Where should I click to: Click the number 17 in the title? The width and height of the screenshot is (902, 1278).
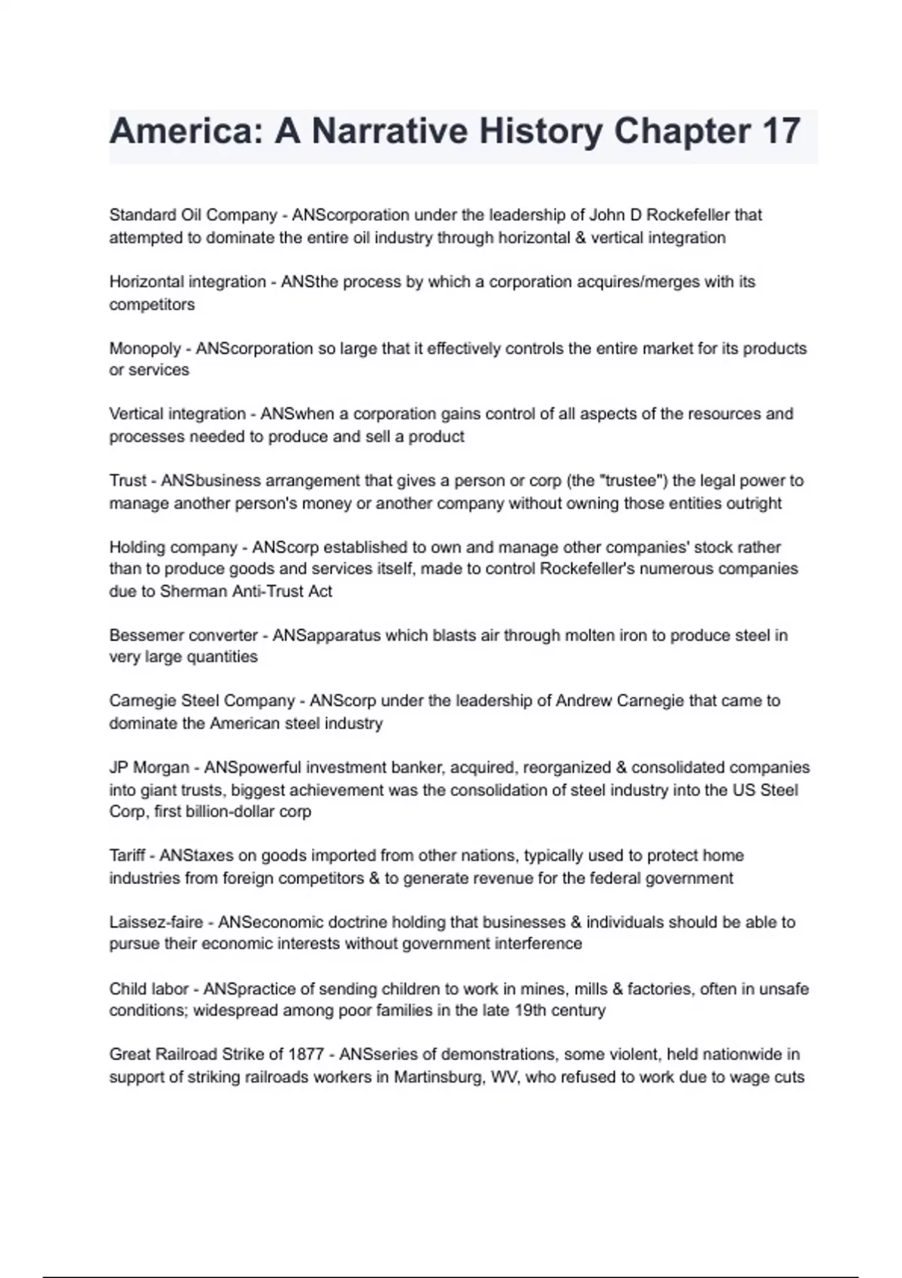click(x=781, y=132)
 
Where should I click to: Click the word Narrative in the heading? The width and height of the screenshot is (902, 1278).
click(x=389, y=132)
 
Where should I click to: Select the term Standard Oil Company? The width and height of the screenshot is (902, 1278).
click(x=193, y=215)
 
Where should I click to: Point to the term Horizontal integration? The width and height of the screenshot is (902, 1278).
click(x=188, y=282)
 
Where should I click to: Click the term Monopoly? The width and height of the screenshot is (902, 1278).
click(x=145, y=349)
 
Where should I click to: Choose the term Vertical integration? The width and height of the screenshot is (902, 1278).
click(x=177, y=414)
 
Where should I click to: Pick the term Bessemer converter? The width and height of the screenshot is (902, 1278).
click(x=183, y=635)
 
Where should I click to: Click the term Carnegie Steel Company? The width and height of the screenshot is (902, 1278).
click(x=202, y=701)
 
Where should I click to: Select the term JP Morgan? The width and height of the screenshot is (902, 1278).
click(x=149, y=768)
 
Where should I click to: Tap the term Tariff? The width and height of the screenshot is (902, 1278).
click(x=128, y=856)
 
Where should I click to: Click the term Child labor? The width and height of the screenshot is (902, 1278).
click(x=148, y=989)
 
